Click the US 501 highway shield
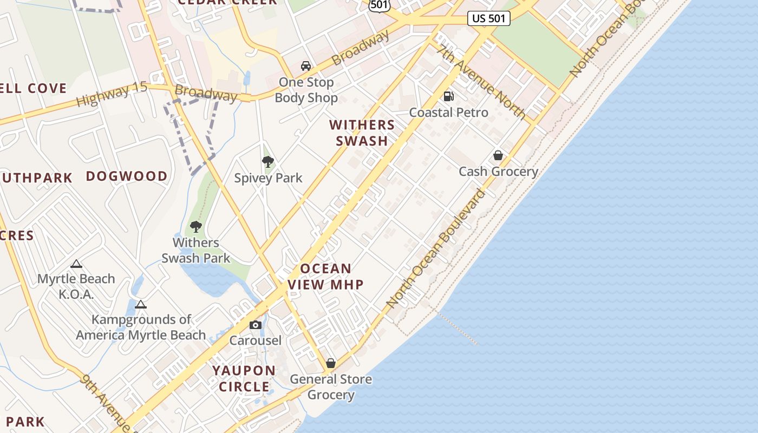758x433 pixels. pos(489,18)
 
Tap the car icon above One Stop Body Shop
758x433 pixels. pos(306,66)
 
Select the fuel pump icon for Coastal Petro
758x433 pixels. pos(448,96)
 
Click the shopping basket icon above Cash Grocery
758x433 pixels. pos(498,155)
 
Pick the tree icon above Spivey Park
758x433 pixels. pos(267,161)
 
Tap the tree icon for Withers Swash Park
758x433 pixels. pos(195,226)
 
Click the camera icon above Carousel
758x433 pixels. pos(256,325)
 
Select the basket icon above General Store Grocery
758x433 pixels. pos(330,363)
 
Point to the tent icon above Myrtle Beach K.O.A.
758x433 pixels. pos(76,264)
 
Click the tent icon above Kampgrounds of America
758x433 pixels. pos(141,304)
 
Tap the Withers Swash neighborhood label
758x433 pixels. pos(362,133)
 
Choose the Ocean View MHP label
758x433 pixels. pos(326,276)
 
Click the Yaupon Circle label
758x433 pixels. pos(244,378)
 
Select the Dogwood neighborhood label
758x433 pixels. pos(127,176)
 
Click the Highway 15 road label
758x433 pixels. pos(112,94)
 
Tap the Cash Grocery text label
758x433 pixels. pos(498,172)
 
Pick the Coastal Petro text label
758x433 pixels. pos(448,113)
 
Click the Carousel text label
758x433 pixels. pos(256,340)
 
